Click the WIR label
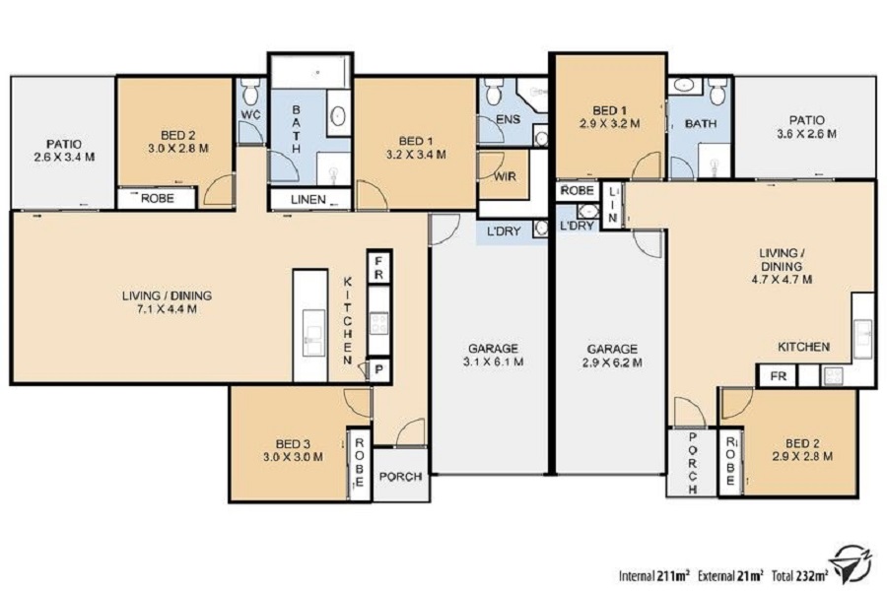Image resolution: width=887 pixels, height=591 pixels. (x=505, y=176)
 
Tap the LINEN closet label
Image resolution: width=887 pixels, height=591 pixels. (x=308, y=200)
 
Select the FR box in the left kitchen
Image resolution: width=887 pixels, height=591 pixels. (x=379, y=268)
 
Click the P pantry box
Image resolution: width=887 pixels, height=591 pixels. (x=379, y=370)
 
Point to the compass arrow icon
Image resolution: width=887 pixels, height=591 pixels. (x=853, y=563)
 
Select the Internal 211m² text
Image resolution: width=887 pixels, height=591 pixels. (x=654, y=576)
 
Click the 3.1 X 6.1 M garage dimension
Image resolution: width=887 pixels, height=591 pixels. (x=494, y=361)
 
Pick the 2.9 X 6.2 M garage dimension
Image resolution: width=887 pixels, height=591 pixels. (x=612, y=363)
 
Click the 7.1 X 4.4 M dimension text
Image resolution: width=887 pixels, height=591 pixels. (x=167, y=309)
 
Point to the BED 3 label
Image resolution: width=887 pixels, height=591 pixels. (x=293, y=444)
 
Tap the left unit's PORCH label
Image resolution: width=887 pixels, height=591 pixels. (x=400, y=477)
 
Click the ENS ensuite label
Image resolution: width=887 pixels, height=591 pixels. (x=508, y=119)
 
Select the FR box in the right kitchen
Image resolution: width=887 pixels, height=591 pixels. (x=779, y=375)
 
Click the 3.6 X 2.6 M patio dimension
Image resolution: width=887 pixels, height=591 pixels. (x=806, y=134)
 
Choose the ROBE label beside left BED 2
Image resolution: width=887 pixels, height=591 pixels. (x=158, y=199)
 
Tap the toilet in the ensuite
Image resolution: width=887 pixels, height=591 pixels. (x=494, y=92)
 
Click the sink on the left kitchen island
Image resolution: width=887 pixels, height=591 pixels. (x=314, y=333)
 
